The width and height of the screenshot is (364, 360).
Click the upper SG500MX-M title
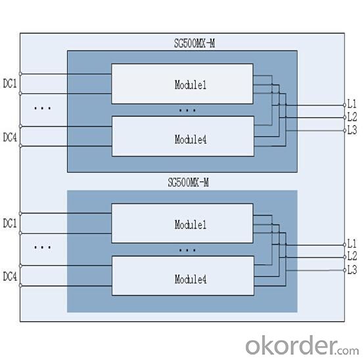(x=194, y=43)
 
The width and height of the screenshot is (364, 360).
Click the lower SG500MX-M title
(x=189, y=182)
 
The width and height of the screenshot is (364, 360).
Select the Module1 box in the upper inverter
(x=182, y=84)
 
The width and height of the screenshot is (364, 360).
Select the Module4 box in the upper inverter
(x=183, y=136)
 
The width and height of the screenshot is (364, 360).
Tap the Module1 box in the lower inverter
(x=182, y=223)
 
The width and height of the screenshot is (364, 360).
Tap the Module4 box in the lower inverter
(x=183, y=276)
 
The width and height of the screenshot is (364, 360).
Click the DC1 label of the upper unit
(x=10, y=83)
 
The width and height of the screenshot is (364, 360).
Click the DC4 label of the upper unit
(x=10, y=137)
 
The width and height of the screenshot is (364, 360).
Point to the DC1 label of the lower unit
(x=10, y=223)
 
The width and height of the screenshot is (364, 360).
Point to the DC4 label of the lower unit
(x=10, y=276)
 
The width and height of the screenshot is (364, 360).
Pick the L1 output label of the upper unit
(x=352, y=104)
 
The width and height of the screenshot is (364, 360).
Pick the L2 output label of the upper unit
(x=352, y=117)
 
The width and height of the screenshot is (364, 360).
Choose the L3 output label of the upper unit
(x=352, y=130)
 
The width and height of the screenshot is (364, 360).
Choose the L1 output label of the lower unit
(x=352, y=244)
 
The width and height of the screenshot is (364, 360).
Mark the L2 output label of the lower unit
(x=352, y=256)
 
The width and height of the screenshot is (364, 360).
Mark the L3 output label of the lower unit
(x=352, y=270)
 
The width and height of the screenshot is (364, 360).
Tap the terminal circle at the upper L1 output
(x=344, y=105)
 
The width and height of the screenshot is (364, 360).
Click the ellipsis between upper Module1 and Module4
(x=187, y=110)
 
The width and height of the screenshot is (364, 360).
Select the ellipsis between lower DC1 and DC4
(x=43, y=248)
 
